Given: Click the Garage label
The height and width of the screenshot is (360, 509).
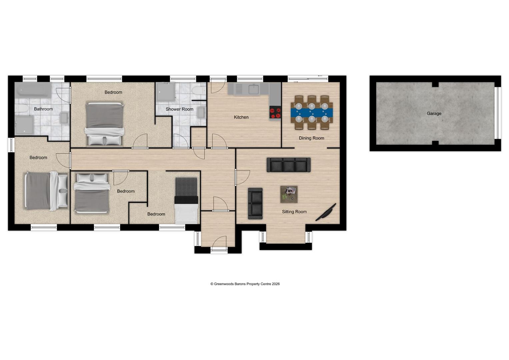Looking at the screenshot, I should pos(434,114).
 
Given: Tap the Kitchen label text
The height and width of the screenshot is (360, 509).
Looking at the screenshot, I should pos(241,117).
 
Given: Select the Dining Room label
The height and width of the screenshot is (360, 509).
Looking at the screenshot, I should pos(311,138).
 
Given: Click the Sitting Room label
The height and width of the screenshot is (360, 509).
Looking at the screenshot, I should pos(294,212).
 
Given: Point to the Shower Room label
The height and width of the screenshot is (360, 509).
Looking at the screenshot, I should pos(179,109).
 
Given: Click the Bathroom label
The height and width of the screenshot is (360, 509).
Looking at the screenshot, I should pos(43,109).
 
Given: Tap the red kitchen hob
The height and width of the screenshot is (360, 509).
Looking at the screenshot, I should pos(275,112).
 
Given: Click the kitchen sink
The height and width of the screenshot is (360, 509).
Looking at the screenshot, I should pos(253,89).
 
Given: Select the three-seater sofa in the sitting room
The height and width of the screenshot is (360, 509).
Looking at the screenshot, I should pos(288,165).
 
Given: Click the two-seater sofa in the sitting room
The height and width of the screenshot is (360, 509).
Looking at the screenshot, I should pos(255,203).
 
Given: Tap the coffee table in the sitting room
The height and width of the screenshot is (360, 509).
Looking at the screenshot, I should pos(289,194).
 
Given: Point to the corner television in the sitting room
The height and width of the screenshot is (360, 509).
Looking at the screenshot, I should pos(326,212).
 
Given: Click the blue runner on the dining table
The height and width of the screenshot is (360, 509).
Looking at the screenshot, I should pos(312,112).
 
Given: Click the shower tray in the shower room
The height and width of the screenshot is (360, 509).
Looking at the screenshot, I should pos(165,92).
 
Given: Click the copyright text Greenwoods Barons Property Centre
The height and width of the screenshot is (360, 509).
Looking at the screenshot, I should pos(245,284).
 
